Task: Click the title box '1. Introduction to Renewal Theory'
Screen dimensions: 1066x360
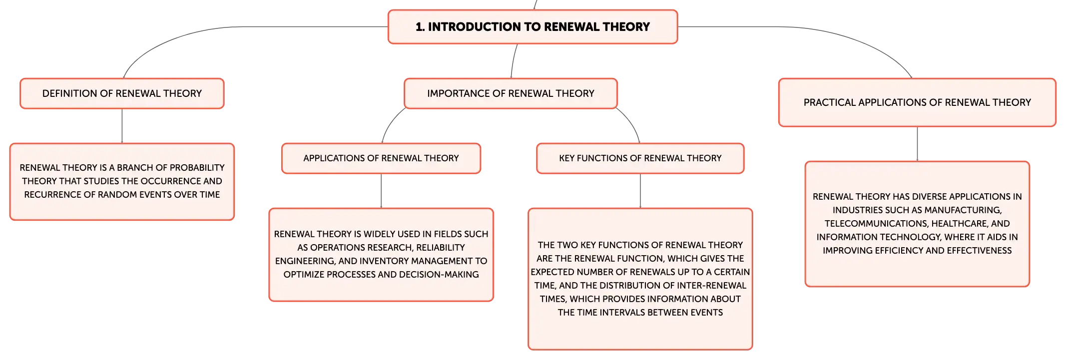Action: [x=533, y=27]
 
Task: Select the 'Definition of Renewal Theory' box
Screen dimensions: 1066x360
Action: [x=122, y=93]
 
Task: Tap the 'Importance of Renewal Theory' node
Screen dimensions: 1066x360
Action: [x=511, y=93]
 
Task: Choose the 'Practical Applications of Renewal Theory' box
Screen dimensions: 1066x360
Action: [x=917, y=102]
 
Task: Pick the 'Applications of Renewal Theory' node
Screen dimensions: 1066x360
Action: [x=381, y=158]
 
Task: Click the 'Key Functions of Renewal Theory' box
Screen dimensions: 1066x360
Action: [x=640, y=158]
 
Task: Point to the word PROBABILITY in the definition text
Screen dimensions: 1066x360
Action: [x=195, y=168]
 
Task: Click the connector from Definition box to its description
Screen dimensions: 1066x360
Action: [x=122, y=126]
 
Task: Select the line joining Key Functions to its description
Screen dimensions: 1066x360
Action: [x=640, y=191]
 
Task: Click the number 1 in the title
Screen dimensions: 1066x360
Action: [x=419, y=27]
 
